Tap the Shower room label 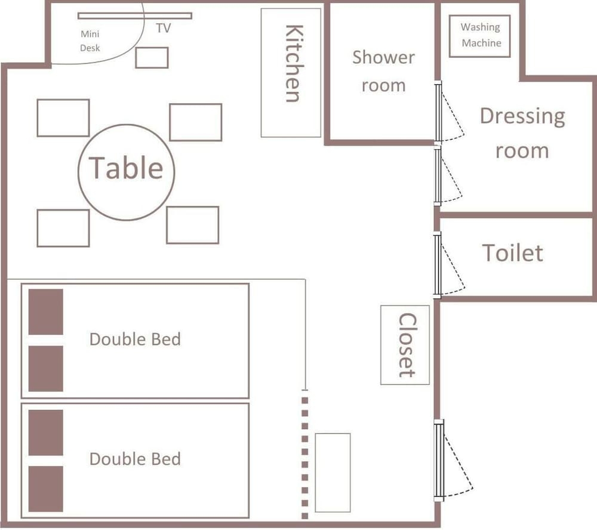pos(383,71)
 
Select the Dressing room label pos(522,133)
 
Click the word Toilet pos(512,253)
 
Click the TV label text pos(164,28)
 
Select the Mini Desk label pos(90,41)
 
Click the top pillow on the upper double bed pos(46,312)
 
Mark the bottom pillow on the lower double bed pos(46,489)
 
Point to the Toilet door pos(438,265)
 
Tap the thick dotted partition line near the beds pos(304,454)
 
